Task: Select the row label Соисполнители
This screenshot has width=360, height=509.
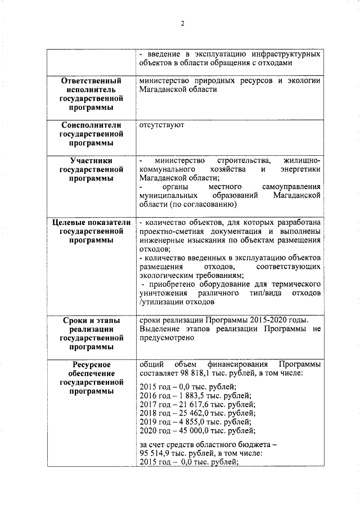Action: pyautogui.click(x=91, y=125)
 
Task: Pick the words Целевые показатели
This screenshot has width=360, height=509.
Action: pyautogui.click(x=91, y=222)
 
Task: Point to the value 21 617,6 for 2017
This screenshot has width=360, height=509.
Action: pyautogui.click(x=191, y=404)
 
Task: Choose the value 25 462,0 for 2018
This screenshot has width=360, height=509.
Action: pyautogui.click(x=191, y=413)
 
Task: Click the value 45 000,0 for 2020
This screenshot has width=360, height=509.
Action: pyautogui.click(x=191, y=430)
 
